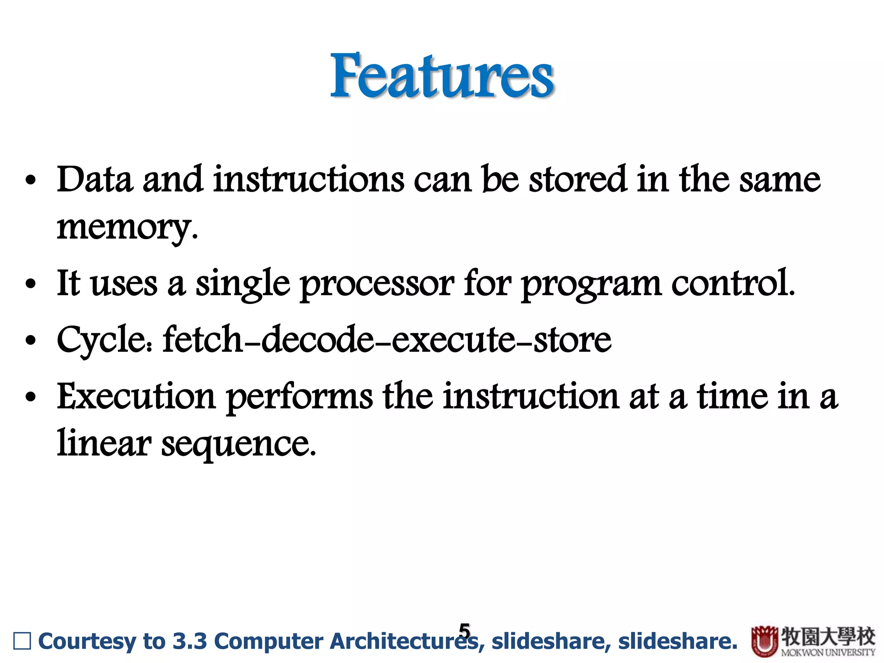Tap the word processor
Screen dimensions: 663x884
(376, 284)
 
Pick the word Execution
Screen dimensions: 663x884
(136, 396)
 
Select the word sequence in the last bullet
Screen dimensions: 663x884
(237, 445)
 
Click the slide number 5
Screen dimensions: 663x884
(464, 631)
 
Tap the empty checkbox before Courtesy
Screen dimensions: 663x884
(22, 641)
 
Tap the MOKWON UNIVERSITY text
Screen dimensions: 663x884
(828, 652)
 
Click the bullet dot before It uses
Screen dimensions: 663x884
(30, 285)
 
